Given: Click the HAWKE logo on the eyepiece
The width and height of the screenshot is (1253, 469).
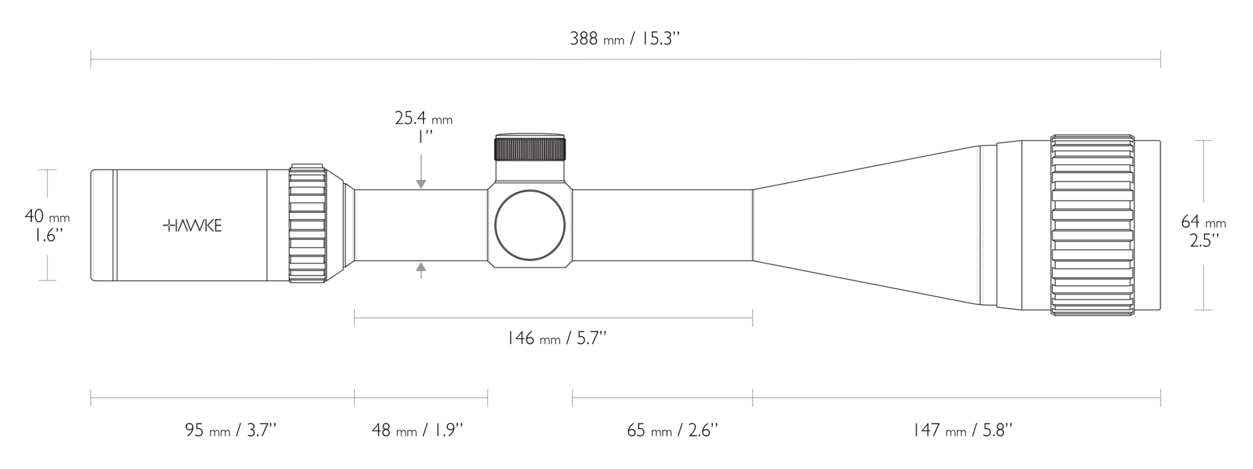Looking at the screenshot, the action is pyautogui.click(x=192, y=226).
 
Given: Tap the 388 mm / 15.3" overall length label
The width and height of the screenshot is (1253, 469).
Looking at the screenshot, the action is pyautogui.click(x=625, y=39).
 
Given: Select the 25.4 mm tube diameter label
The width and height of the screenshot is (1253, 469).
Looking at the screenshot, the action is pyautogui.click(x=423, y=118).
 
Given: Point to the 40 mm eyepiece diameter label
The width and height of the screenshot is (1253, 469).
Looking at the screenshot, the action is pyautogui.click(x=47, y=217).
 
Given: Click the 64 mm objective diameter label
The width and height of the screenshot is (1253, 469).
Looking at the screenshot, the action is pyautogui.click(x=1203, y=222).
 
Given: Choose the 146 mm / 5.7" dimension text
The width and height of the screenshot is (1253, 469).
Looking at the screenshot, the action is pyautogui.click(x=557, y=338).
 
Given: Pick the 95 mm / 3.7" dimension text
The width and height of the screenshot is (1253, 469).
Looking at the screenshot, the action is pyautogui.click(x=231, y=430).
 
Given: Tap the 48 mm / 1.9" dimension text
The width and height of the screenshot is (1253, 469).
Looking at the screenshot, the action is pyautogui.click(x=417, y=430).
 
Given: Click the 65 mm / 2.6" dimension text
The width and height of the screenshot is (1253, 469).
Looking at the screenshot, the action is pyautogui.click(x=672, y=430).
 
